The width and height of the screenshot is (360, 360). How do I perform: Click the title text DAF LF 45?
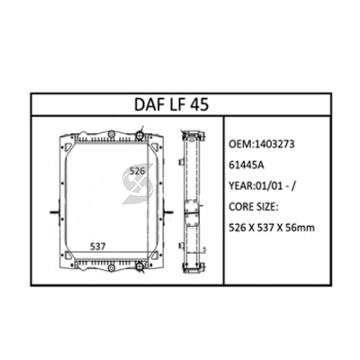pos(171,104)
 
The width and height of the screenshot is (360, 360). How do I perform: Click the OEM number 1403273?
pos(274,144)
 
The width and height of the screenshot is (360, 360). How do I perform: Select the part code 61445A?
pos(247,165)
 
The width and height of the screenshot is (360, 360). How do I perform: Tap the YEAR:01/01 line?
pos(263,186)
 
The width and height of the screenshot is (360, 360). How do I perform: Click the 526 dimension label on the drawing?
pos(137,171)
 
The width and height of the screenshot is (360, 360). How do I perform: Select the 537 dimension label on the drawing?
pos(98,247)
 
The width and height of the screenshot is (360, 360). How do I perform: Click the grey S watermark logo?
pos(138,184)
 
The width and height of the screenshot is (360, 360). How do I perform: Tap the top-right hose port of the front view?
pos(139,136)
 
